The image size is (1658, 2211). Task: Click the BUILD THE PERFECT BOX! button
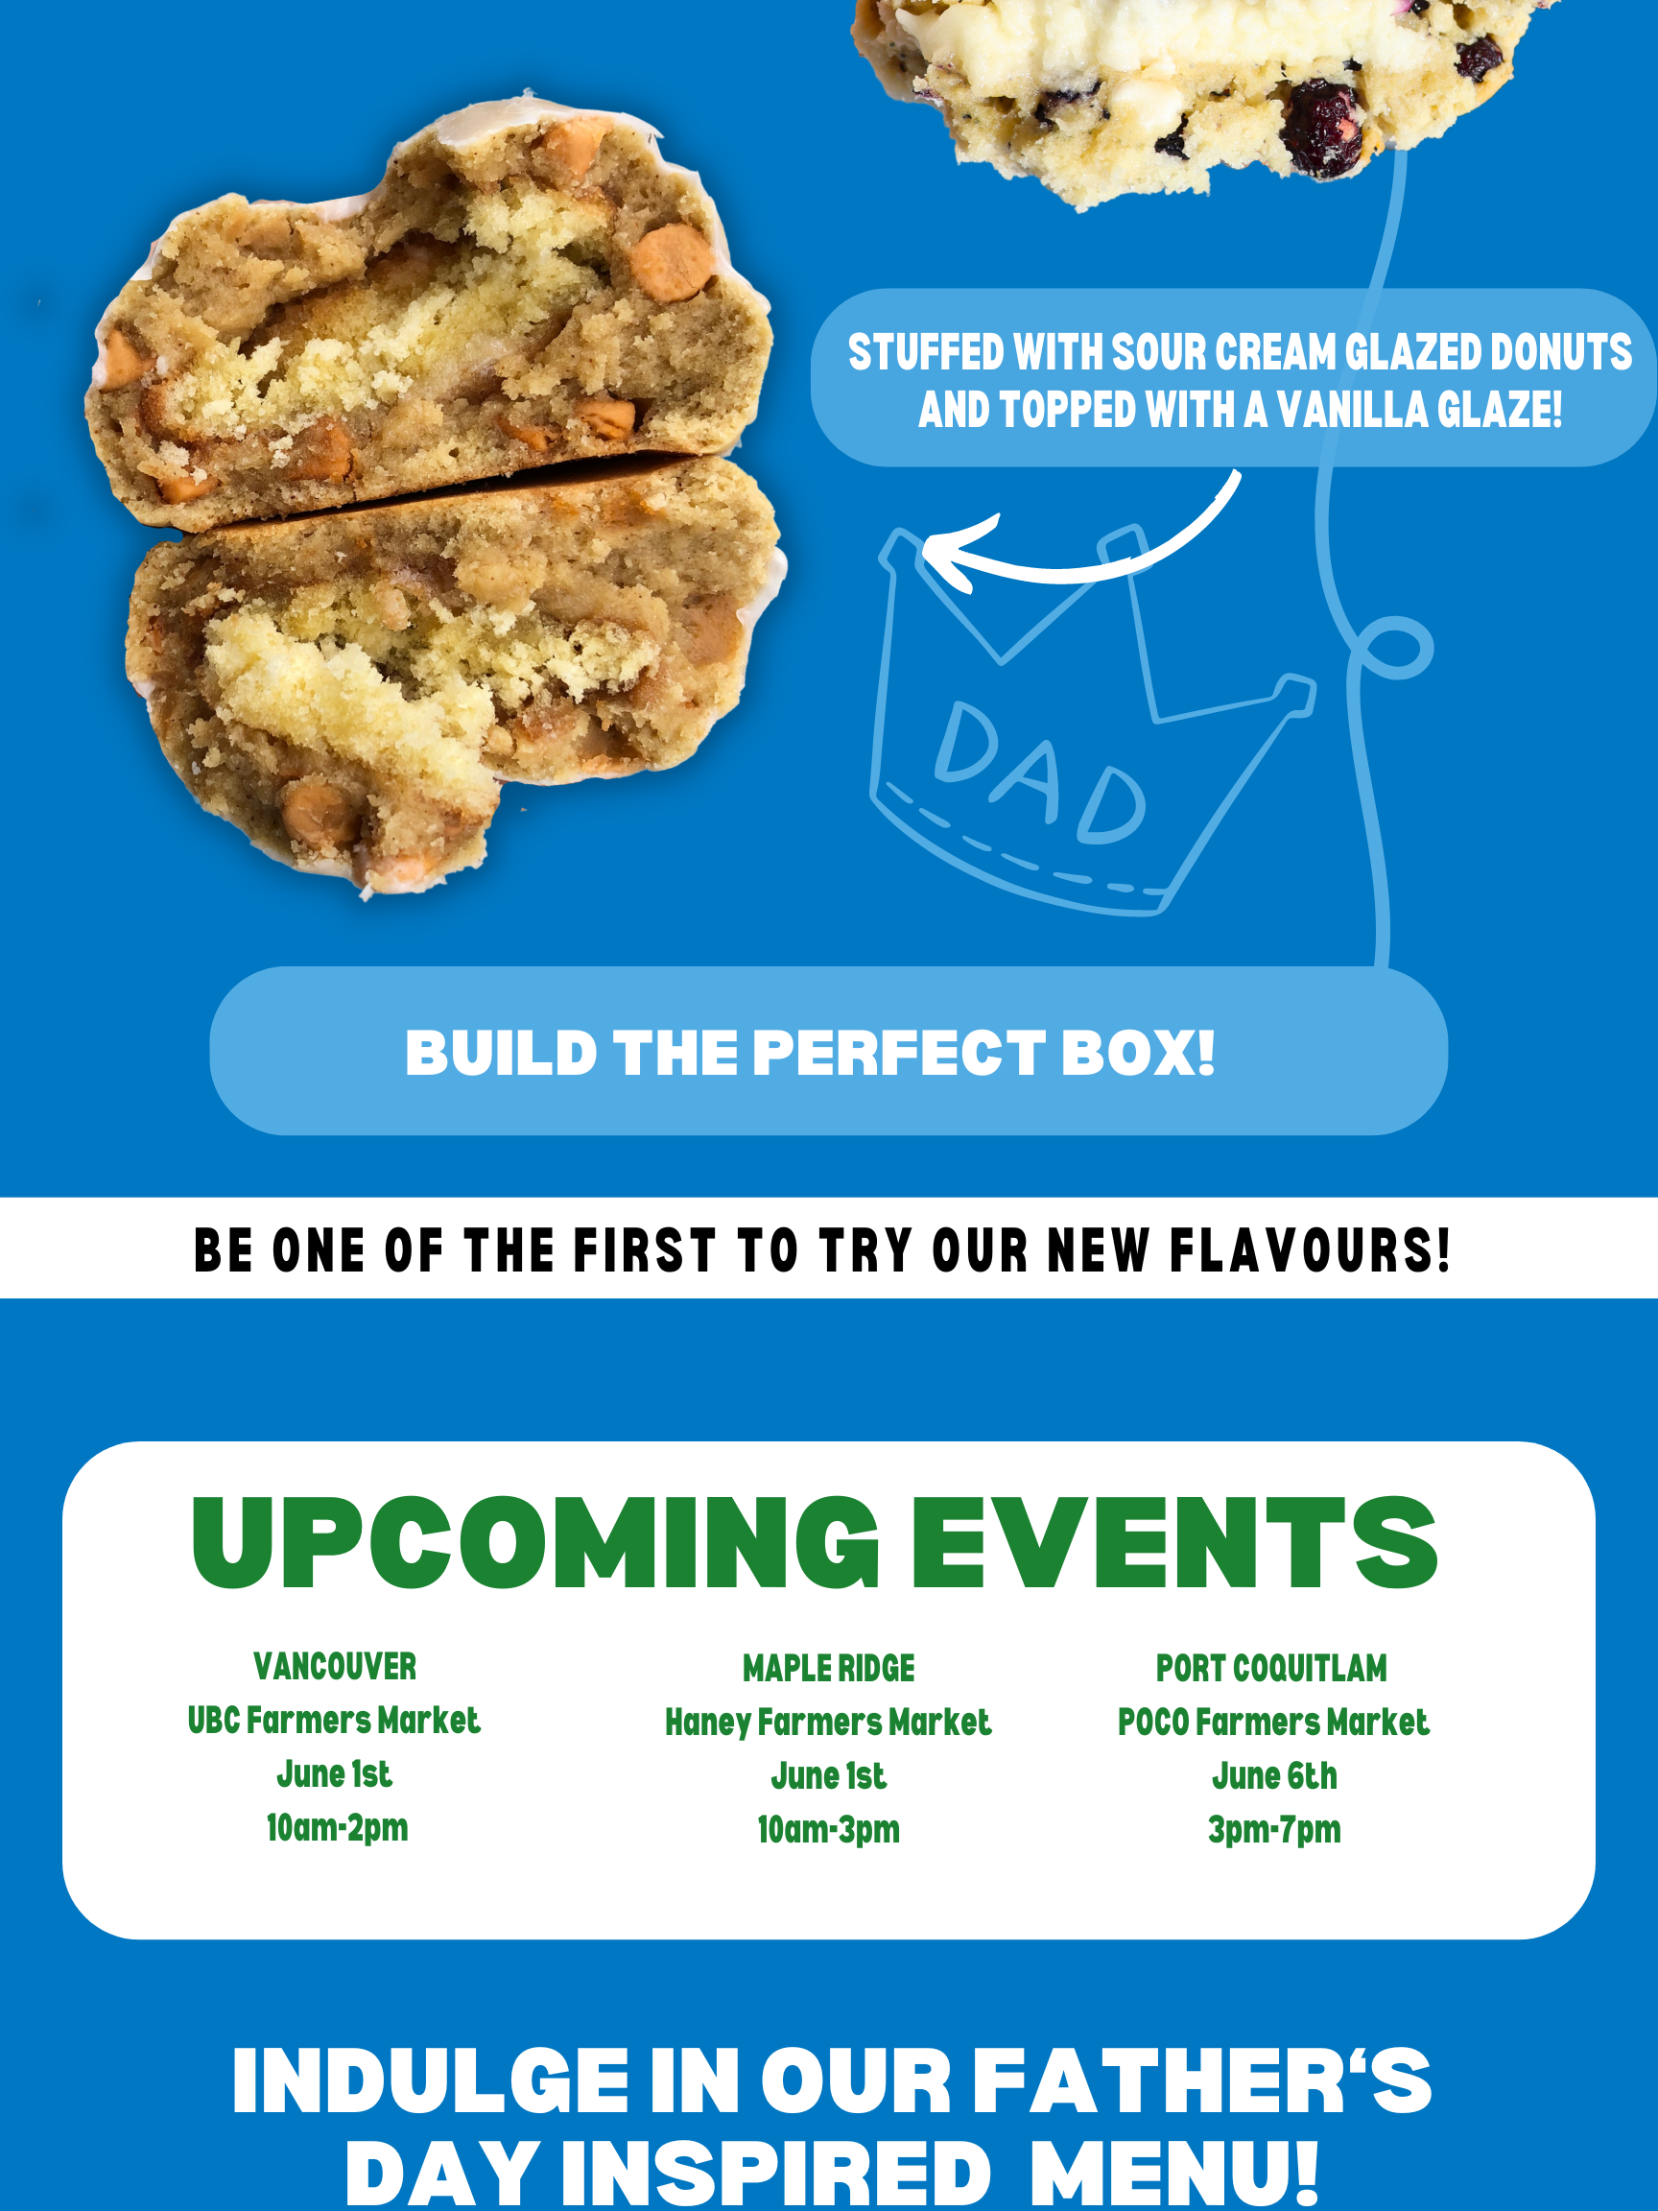click(828, 1051)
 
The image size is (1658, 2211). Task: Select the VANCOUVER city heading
click(335, 1666)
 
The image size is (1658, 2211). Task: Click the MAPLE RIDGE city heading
click(828, 1668)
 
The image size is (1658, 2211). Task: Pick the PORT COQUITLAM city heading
click(1271, 1668)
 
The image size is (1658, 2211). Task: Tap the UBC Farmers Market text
click(334, 1721)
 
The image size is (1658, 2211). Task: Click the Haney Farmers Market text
click(828, 1723)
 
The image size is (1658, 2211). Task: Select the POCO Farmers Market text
click(1273, 1723)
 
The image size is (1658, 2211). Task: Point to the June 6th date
click(1274, 1776)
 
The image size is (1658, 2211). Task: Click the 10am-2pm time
click(337, 1828)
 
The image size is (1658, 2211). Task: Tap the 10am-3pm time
click(828, 1830)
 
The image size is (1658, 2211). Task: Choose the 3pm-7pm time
click(1274, 1830)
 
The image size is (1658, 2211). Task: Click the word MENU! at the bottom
click(1174, 2173)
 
